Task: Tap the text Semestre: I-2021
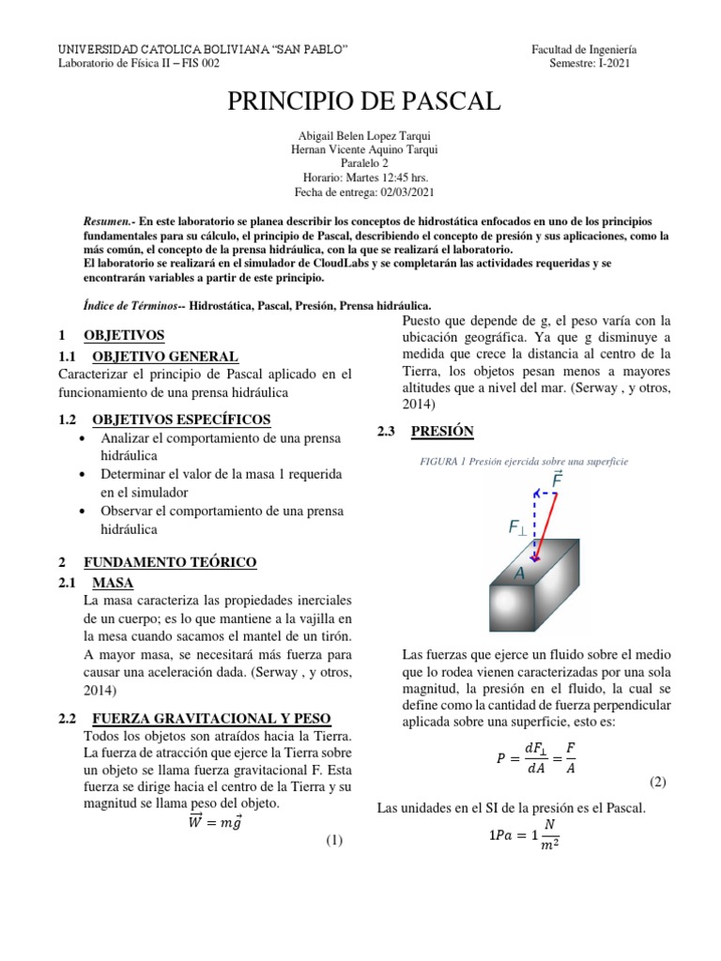click(591, 64)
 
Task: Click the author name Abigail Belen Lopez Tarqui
click(362, 135)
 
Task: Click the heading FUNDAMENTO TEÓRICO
click(170, 562)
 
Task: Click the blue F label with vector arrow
click(558, 480)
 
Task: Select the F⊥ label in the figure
click(517, 527)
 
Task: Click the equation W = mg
click(217, 822)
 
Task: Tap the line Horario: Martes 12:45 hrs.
click(361, 176)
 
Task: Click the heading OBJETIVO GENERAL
click(164, 357)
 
